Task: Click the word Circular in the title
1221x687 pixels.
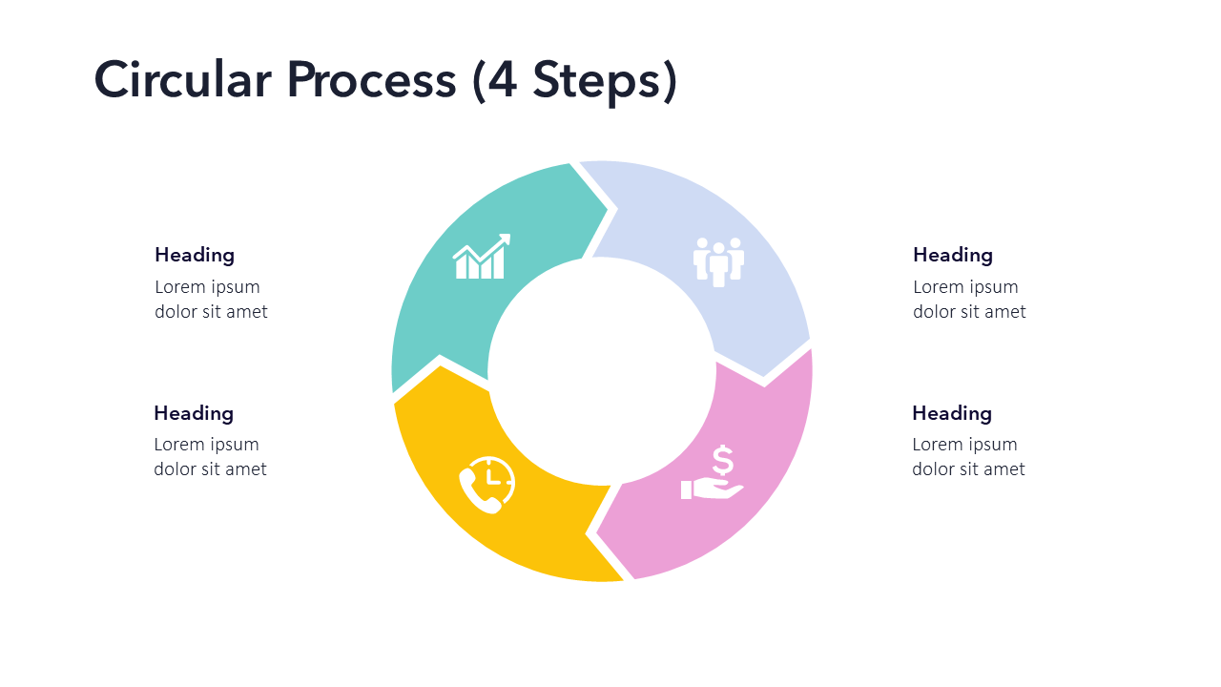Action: tap(182, 79)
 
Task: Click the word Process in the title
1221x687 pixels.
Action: tap(371, 79)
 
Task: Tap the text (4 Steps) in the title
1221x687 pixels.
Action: tap(574, 79)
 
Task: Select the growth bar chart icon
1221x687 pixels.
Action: tap(482, 257)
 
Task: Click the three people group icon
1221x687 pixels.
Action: tap(718, 260)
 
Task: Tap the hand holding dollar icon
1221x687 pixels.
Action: tap(714, 474)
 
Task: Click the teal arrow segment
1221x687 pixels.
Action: tap(448, 305)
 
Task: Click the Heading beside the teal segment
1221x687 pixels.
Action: tap(195, 255)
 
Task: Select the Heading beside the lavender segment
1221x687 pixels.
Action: tap(953, 255)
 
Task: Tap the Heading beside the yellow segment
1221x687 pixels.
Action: tap(194, 413)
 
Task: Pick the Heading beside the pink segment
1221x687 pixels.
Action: tap(952, 413)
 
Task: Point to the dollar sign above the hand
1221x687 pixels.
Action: tap(723, 461)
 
